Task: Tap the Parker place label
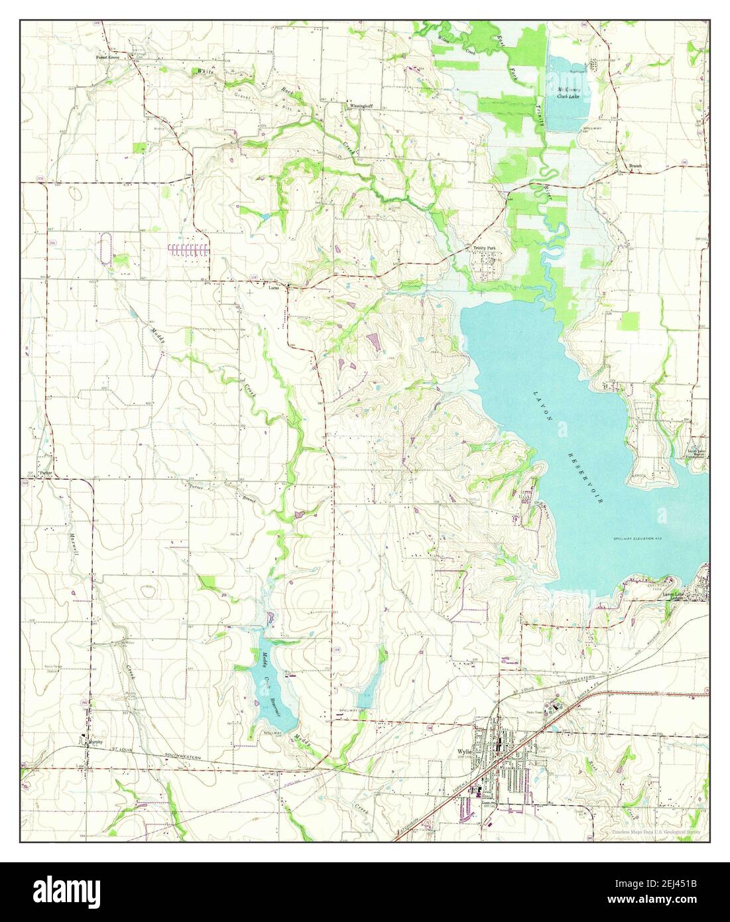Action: click(x=45, y=474)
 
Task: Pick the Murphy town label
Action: click(x=97, y=742)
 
